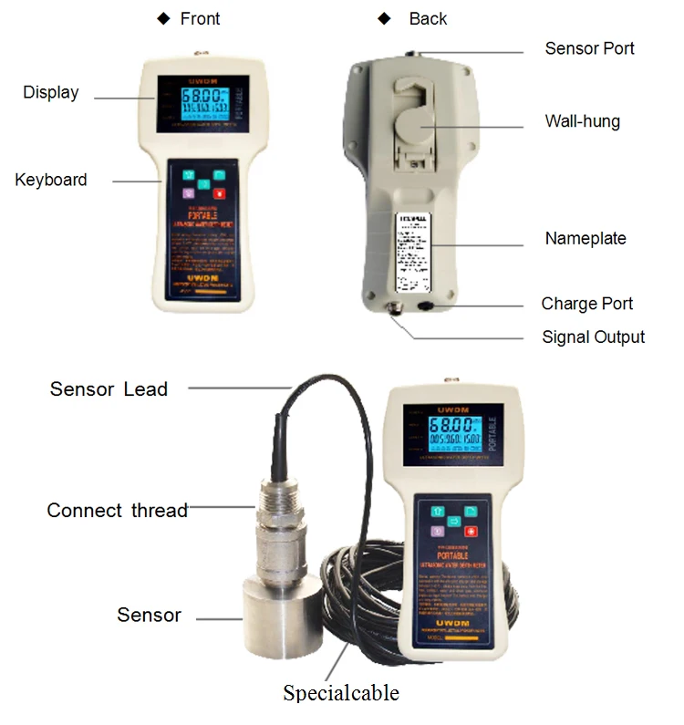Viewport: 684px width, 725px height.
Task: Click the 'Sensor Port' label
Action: [589, 48]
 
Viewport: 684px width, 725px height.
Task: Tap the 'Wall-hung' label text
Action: [582, 120]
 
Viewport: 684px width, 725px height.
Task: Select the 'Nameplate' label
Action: [586, 239]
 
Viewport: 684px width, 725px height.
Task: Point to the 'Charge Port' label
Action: [586, 304]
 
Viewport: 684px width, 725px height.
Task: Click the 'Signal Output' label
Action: [593, 337]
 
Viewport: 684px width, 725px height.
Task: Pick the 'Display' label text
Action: [51, 92]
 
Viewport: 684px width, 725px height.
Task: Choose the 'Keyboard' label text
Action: [51, 180]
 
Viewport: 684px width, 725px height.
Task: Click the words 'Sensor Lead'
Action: [109, 389]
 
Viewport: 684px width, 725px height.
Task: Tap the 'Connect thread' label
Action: [117, 511]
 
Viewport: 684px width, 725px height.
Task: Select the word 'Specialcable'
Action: [341, 693]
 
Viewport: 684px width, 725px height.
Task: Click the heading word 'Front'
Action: [200, 18]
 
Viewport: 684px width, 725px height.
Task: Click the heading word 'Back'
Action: [428, 18]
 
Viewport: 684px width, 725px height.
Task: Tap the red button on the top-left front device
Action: [219, 192]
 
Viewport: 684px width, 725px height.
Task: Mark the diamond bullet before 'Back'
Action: [385, 18]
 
